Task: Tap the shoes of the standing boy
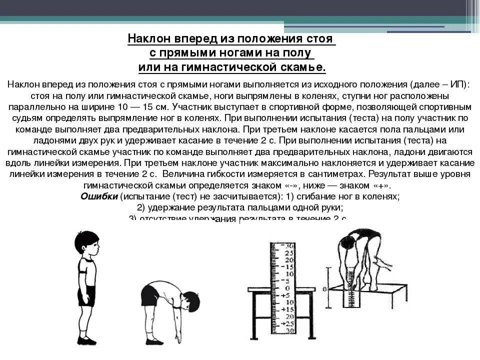pyautogui.click(x=86, y=340)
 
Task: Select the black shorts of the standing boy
pyautogui.click(x=86, y=295)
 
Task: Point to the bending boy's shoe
pyautogui.click(x=154, y=341)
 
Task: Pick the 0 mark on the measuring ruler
pyautogui.click(x=286, y=288)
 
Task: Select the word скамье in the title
pyautogui.click(x=306, y=67)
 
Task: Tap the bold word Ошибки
pyautogui.click(x=99, y=196)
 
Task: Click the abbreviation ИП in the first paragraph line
pyautogui.click(x=456, y=84)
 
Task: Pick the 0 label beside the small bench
pyautogui.click(x=325, y=289)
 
